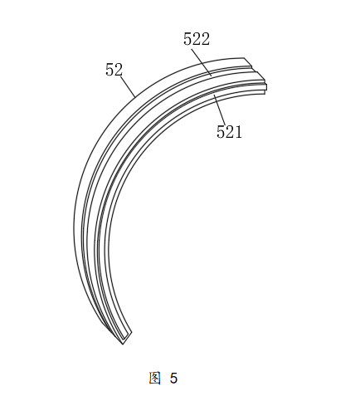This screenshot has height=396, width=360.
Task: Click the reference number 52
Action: pyautogui.click(x=114, y=70)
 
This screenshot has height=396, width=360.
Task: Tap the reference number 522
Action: pyautogui.click(x=197, y=39)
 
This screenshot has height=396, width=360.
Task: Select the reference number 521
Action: pyautogui.click(x=229, y=131)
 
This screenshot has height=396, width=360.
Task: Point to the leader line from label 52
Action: pyautogui.click(x=129, y=87)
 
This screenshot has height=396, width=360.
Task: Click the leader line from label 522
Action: pyautogui.click(x=201, y=61)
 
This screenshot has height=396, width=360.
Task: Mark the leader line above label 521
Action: pyautogui.click(x=220, y=109)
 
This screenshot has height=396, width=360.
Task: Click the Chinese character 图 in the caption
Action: pyautogui.click(x=154, y=378)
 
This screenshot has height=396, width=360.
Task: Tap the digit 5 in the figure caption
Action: pyautogui.click(x=173, y=379)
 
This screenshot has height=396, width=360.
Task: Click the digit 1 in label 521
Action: pyautogui.click(x=238, y=132)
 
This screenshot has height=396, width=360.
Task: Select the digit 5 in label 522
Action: pyautogui.click(x=187, y=39)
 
